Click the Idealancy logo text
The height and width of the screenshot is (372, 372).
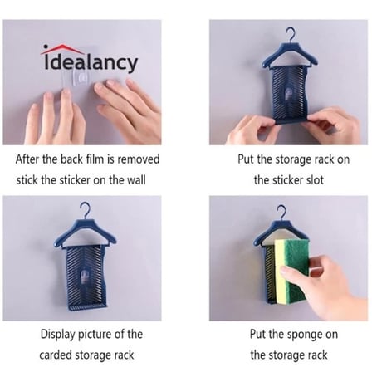91,63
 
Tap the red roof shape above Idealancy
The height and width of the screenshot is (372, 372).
61,49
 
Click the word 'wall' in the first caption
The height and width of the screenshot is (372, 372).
136,180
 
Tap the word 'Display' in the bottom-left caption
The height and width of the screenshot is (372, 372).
58,335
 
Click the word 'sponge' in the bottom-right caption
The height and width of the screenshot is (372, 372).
305,335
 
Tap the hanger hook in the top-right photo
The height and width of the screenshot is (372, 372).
291,34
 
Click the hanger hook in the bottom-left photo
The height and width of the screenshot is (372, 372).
85,210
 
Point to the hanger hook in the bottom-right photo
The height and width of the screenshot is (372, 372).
281,213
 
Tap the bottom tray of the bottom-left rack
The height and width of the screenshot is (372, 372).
87,306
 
